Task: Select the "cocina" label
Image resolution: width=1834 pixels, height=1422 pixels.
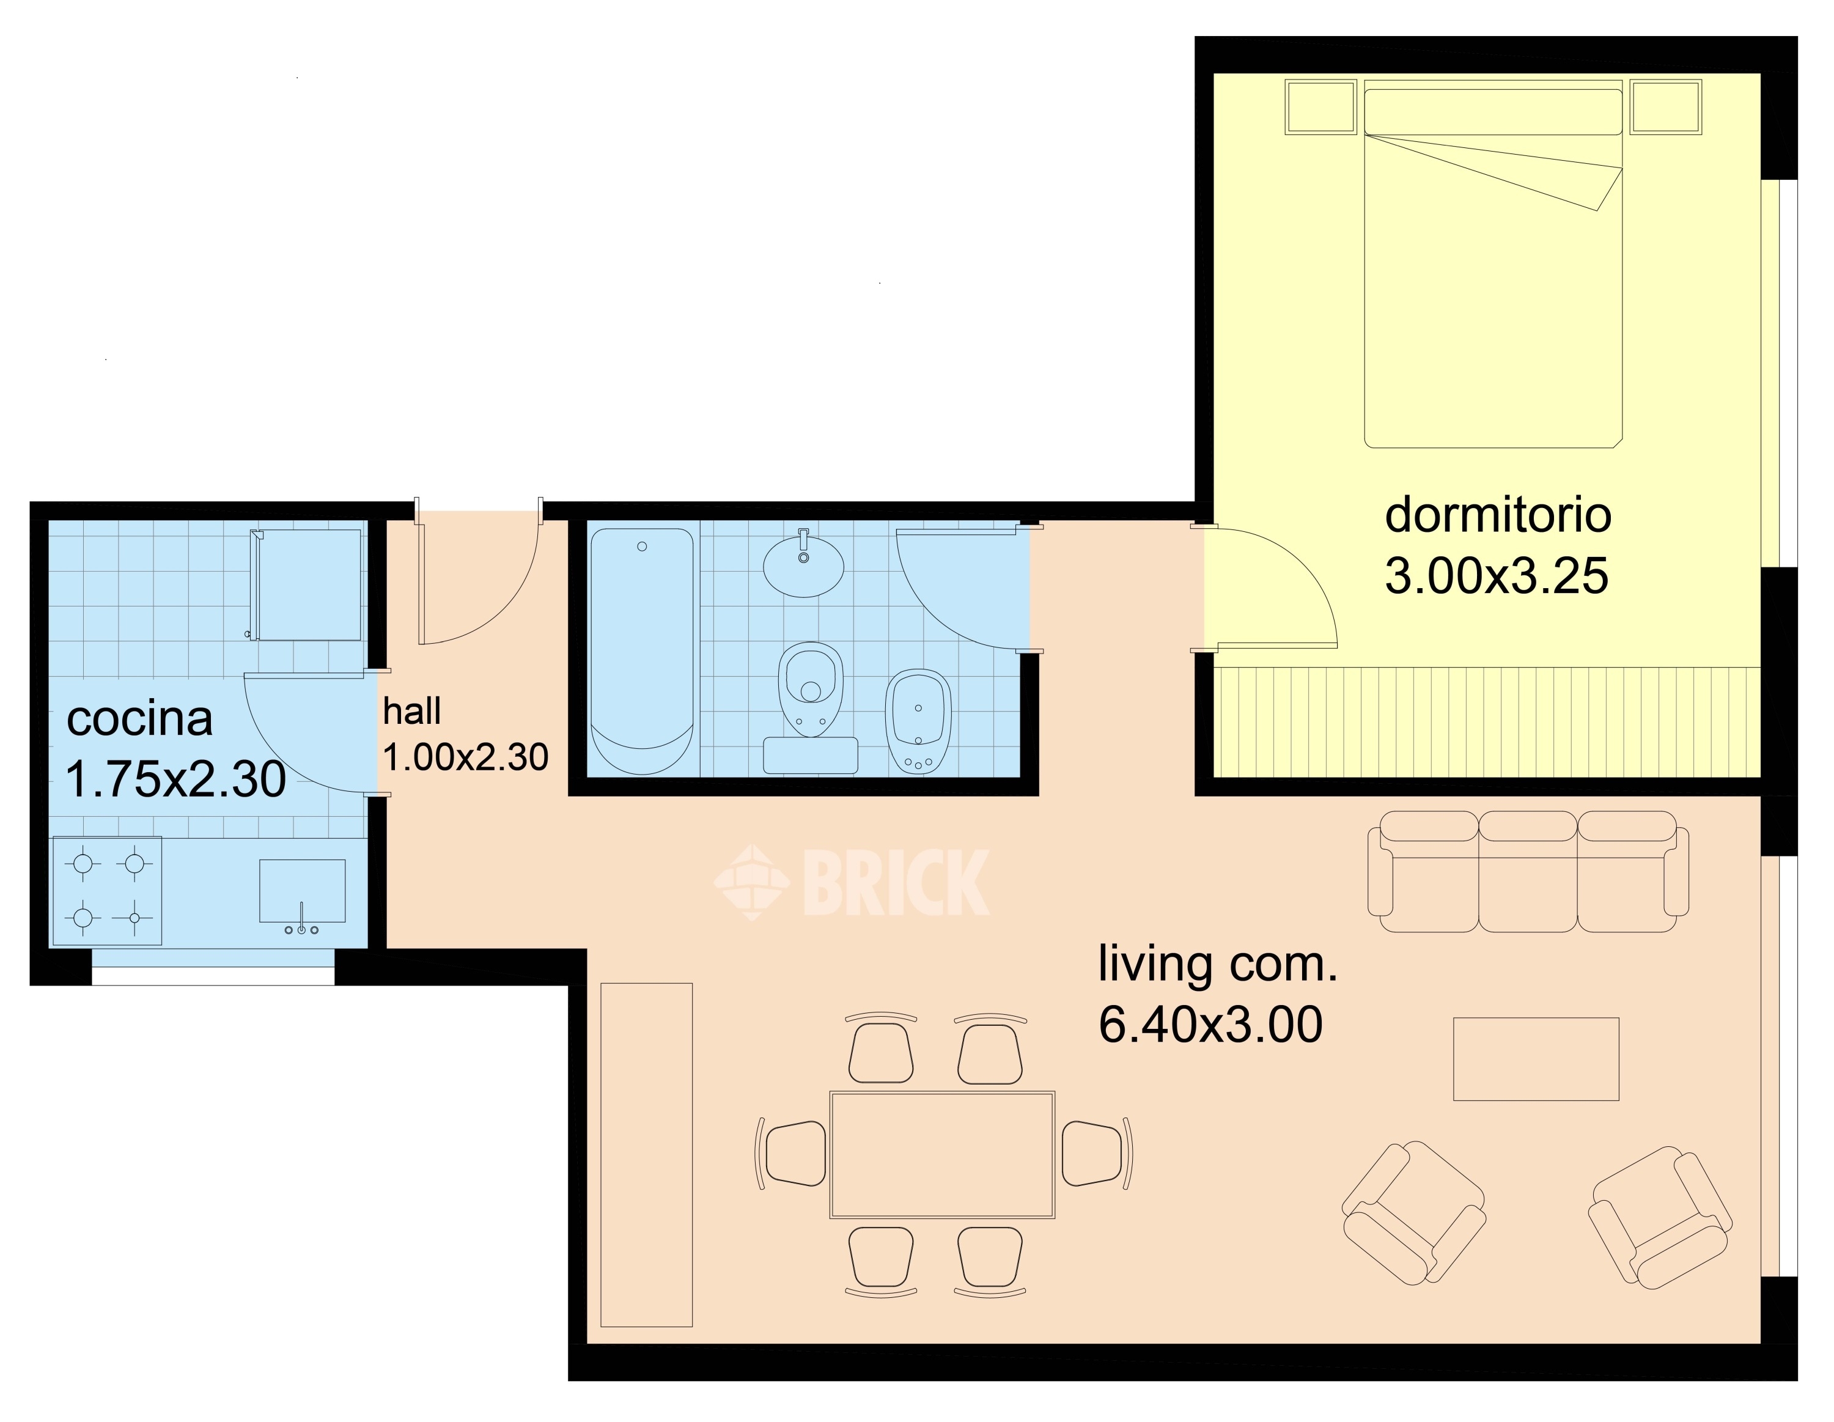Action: pos(139,719)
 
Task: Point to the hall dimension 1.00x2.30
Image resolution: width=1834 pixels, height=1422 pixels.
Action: pos(465,757)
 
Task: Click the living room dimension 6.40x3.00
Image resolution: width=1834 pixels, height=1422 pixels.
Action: pos(1210,1025)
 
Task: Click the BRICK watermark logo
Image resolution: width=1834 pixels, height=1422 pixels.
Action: pos(852,882)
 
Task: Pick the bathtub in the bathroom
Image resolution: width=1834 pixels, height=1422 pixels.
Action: pos(643,651)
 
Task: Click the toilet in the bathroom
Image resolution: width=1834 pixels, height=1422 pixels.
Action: pos(811,689)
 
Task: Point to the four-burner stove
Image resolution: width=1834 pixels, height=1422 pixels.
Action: pos(108,890)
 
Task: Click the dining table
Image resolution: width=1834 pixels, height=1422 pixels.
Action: pos(942,1154)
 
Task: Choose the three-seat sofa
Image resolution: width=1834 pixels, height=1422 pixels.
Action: pos(1528,871)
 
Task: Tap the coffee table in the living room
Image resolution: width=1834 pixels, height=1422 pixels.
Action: pos(1536,1058)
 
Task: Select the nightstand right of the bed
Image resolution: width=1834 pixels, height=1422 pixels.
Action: pos(1666,106)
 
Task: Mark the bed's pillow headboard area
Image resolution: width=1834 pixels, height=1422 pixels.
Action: pos(1493,111)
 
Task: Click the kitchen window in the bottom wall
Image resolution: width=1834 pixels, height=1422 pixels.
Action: pos(213,975)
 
